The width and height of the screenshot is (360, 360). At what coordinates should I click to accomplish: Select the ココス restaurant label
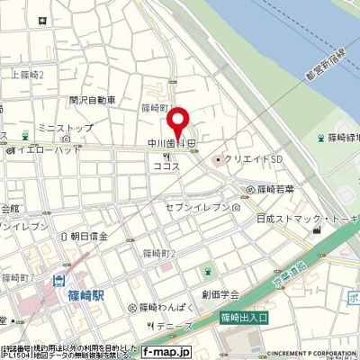point(166,166)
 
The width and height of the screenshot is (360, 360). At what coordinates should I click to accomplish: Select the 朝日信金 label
point(89,236)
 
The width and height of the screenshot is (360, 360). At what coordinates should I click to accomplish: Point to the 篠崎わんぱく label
point(161,308)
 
